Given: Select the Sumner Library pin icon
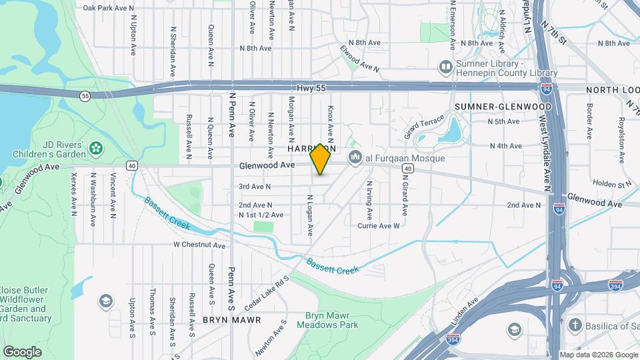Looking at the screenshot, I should tap(445, 67).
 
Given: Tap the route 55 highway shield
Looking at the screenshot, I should tap(85, 96).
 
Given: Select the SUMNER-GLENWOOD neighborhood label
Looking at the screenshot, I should tap(503, 107).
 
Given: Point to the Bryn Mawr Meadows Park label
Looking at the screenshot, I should tap(323, 320).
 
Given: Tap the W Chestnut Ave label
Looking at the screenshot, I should tap(199, 245).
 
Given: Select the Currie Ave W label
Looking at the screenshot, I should tap(378, 226).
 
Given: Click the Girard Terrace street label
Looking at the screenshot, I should tap(423, 127).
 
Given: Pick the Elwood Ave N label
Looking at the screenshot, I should tap(359, 59).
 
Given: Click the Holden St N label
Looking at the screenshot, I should tap(611, 183).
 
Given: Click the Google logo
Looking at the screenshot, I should tap(22, 351).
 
